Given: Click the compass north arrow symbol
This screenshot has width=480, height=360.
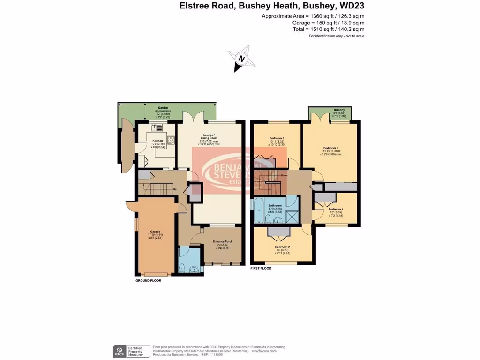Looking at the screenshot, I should [241, 60].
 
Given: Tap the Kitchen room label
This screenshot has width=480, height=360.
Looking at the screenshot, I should [157, 140].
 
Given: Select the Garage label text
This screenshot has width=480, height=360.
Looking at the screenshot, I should [155, 231].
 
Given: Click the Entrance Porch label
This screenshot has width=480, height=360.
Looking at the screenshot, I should [223, 241].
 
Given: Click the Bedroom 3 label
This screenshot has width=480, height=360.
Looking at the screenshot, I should [277, 138].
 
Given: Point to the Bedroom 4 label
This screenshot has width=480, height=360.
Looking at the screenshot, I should [336, 209].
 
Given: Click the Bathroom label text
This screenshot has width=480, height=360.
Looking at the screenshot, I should [275, 205].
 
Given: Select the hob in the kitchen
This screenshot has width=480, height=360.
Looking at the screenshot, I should [171, 139].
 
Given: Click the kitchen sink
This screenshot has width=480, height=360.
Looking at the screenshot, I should [157, 127].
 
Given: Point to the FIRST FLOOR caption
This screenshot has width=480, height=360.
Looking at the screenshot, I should [261, 269].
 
